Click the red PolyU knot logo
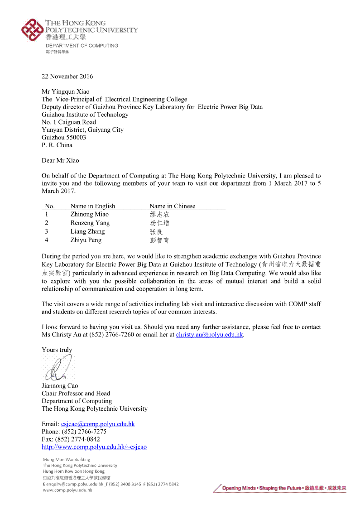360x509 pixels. click(x=32, y=30)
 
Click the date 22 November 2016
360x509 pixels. click(x=67, y=76)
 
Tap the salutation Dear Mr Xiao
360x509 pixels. click(x=60, y=160)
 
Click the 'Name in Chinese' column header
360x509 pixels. click(x=172, y=206)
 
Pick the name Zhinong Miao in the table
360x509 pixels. click(x=89, y=214)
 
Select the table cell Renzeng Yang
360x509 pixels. click(x=90, y=223)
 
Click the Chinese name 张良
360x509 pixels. click(x=156, y=232)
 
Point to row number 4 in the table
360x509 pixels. click(x=47, y=240)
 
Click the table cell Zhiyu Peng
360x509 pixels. click(x=86, y=240)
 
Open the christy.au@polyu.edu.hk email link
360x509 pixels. click(x=209, y=335)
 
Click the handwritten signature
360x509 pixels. click(x=58, y=368)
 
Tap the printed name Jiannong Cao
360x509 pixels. click(x=60, y=386)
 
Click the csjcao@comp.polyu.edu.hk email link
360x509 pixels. click(x=98, y=424)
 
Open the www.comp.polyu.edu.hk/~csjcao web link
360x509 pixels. click(x=94, y=447)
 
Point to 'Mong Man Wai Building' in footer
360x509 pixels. click(x=66, y=459)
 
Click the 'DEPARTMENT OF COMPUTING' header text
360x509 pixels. click(x=82, y=46)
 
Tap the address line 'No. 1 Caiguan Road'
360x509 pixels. click(x=69, y=122)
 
